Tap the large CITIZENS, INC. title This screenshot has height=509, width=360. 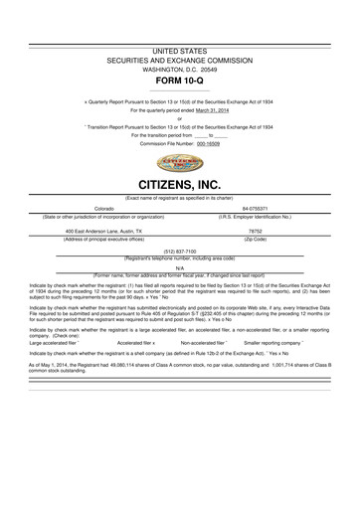[179, 186]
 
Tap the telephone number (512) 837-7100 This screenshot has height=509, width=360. [179, 252]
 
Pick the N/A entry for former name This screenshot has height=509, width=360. [179, 267]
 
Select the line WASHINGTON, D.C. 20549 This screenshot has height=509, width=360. [179, 68]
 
